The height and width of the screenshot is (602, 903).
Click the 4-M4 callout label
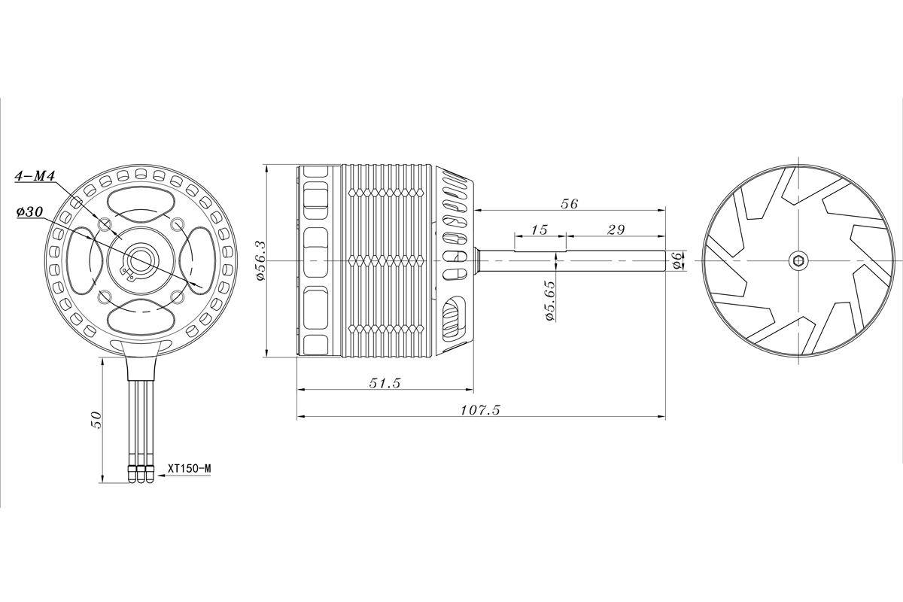pyautogui.click(x=35, y=177)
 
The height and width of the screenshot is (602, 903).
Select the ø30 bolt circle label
pyautogui.click(x=29, y=212)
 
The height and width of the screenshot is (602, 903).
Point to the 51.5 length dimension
pyautogui.click(x=385, y=383)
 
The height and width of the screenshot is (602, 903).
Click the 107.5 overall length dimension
pyautogui.click(x=479, y=409)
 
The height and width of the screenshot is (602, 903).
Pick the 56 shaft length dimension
pyautogui.click(x=569, y=204)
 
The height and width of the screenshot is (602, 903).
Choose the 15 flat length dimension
pyautogui.click(x=539, y=229)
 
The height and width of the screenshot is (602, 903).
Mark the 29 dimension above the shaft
pyautogui.click(x=615, y=229)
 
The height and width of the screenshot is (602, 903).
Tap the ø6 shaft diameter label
pyautogui.click(x=676, y=260)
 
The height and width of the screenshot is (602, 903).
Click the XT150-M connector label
pyautogui.click(x=190, y=468)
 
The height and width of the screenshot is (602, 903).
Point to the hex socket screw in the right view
pyautogui.click(x=798, y=260)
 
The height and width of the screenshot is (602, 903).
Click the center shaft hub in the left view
pyautogui.click(x=141, y=260)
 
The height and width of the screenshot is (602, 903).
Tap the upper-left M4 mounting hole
pyautogui.click(x=105, y=224)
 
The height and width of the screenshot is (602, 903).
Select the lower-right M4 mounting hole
pyautogui.click(x=178, y=296)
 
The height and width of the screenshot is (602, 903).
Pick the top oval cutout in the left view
pyautogui.click(x=141, y=202)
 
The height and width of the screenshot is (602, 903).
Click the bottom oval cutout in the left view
pyautogui.click(x=141, y=317)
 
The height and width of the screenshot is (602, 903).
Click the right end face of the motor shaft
pyautogui.click(x=665, y=260)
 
